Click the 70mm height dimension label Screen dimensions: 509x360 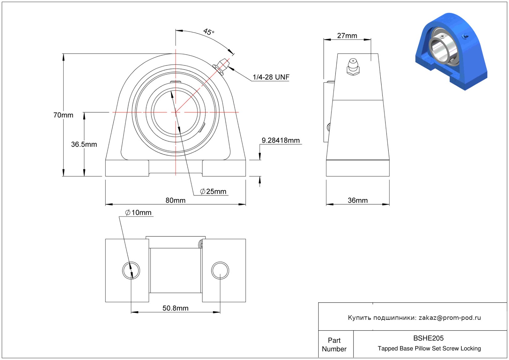point(63,115)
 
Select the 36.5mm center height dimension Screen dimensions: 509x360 point(84,144)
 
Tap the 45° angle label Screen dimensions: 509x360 point(209,32)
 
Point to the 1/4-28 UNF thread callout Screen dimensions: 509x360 point(271,77)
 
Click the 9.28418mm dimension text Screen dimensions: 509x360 point(281,140)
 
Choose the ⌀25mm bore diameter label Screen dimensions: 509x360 point(213,192)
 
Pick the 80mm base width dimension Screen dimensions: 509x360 point(175,200)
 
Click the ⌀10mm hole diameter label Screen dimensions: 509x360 point(138,213)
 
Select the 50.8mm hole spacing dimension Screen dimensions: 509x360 point(175,308)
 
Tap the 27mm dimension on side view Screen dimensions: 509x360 point(347,36)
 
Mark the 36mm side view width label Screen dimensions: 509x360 point(358,200)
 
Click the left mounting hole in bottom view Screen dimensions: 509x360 point(131,270)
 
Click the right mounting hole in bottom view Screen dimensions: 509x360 point(220,270)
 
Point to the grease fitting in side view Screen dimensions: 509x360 point(353,67)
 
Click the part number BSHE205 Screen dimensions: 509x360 point(428,338)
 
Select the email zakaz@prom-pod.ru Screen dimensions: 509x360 point(450,318)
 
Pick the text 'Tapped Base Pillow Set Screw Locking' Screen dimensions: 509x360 point(429,349)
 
